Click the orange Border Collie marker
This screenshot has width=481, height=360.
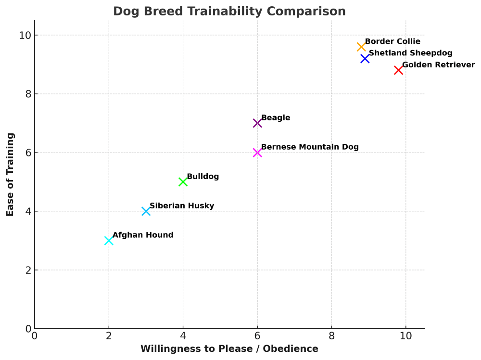point(361,47)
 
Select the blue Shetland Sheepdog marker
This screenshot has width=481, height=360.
point(365,58)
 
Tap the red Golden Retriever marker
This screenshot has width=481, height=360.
point(398,70)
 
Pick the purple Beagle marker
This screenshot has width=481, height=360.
point(257,123)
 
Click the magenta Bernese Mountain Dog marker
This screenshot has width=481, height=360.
point(257,153)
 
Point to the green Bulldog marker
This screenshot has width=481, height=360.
point(183,181)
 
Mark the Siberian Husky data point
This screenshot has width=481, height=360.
point(146,211)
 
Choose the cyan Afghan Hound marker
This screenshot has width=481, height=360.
point(109,240)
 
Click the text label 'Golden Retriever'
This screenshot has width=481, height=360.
point(438,65)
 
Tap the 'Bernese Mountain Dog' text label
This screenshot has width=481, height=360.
point(310,147)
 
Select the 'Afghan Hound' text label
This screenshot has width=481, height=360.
point(143,235)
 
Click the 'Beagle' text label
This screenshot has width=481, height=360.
point(276,118)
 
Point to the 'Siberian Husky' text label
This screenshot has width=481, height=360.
point(182,206)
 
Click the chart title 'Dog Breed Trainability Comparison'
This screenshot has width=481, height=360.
point(229,11)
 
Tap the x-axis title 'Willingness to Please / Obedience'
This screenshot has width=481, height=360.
point(229,349)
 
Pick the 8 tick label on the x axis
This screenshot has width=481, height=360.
point(331,335)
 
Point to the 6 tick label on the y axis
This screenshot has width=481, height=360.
point(28,153)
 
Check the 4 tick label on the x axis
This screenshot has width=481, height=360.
point(183,335)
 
